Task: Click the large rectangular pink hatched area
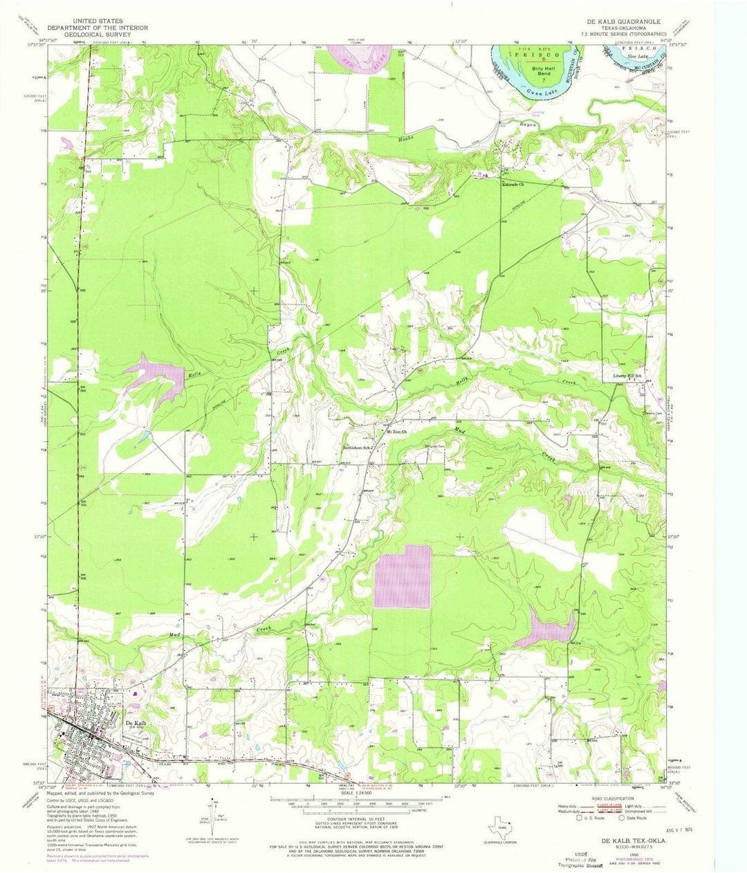point(402,576)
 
